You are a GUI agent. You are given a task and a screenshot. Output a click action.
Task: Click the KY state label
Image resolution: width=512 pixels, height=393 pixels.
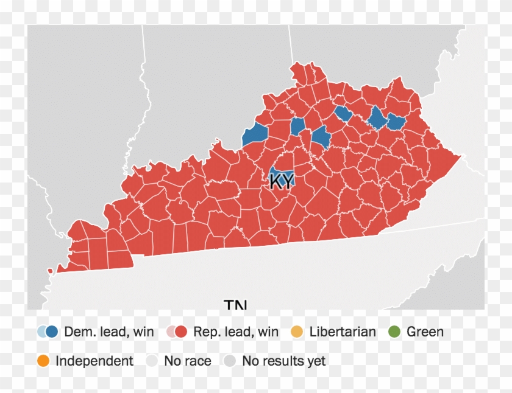[280, 182]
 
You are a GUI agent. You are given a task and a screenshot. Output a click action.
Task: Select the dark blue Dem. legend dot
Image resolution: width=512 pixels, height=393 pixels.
[52, 332]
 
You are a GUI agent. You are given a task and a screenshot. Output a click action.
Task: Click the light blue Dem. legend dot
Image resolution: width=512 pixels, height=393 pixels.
[43, 332]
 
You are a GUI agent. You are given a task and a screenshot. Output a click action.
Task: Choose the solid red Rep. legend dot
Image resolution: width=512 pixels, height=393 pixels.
[181, 332]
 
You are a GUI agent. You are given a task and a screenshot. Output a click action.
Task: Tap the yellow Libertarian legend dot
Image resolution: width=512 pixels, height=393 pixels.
[297, 332]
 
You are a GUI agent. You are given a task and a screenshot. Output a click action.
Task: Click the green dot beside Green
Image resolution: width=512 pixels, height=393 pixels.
[394, 332]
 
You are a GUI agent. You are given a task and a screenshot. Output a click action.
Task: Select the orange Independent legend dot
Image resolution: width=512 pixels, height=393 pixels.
[43, 361]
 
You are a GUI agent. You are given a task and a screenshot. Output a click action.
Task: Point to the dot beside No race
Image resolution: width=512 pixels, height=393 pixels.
[152, 361]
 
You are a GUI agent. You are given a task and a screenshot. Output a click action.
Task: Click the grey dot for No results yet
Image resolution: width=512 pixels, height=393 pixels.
[230, 361]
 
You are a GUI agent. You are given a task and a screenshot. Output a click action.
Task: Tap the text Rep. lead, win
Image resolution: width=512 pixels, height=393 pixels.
[236, 332]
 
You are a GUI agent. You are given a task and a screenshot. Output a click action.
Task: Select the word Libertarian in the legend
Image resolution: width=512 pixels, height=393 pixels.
[343, 332]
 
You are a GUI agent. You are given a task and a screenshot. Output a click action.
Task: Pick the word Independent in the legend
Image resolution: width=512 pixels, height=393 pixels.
[94, 361]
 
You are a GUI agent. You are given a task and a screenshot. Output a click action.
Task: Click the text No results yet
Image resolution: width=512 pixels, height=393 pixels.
[283, 361]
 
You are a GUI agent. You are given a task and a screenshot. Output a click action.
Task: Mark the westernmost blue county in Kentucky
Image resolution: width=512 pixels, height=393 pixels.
[255, 135]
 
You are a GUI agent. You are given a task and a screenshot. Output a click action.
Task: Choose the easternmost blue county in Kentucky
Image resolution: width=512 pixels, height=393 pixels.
[397, 122]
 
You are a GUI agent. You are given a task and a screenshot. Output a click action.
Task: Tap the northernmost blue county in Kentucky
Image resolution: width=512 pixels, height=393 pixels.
[344, 114]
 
